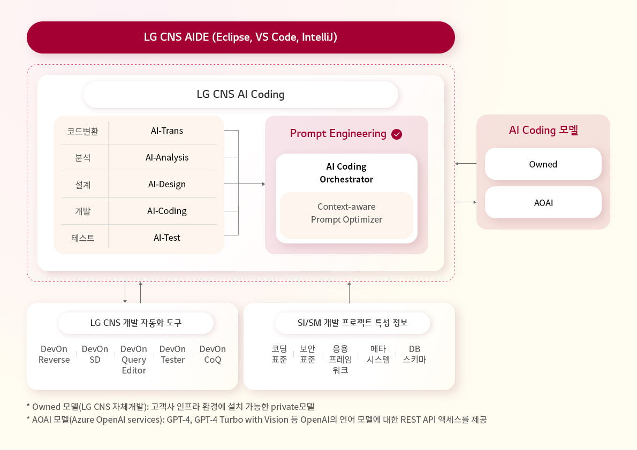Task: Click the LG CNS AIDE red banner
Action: tap(240, 37)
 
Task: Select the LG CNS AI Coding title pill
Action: tap(240, 95)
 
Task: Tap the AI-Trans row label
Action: tap(167, 131)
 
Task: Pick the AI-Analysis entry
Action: tap(167, 158)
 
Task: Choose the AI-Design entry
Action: tap(167, 185)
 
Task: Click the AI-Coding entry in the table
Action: tap(167, 211)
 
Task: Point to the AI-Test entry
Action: tap(167, 238)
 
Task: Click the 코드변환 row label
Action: tap(83, 131)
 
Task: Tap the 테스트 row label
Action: tap(83, 238)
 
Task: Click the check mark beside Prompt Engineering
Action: tap(397, 134)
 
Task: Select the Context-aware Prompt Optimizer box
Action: tap(346, 215)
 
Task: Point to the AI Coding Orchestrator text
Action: tap(346, 173)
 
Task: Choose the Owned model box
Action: tap(543, 164)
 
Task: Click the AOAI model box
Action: tap(543, 203)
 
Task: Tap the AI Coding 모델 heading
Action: tap(543, 130)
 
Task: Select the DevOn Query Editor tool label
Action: tap(134, 360)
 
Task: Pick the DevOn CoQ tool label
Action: tap(213, 355)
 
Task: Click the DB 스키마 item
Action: tap(414, 355)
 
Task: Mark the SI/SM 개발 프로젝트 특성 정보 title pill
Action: tap(353, 323)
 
